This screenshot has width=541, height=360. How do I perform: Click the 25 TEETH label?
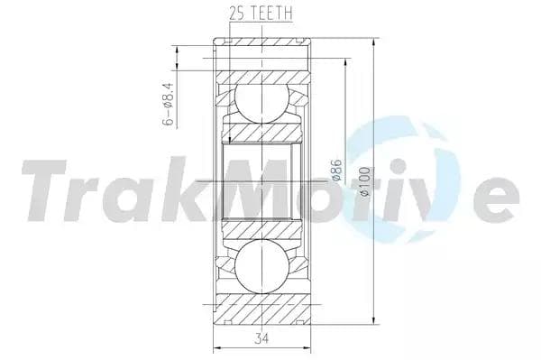click(261, 13)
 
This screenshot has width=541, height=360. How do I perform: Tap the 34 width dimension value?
click(261, 338)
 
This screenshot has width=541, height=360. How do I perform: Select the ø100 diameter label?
click(364, 181)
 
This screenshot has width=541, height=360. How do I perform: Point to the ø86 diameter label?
click(336, 171)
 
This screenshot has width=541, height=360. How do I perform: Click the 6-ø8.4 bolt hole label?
click(168, 104)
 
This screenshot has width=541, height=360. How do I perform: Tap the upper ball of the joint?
click(261, 103)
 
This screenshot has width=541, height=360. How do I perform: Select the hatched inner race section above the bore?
click(261, 132)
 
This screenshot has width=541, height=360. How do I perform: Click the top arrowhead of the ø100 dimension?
click(373, 42)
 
